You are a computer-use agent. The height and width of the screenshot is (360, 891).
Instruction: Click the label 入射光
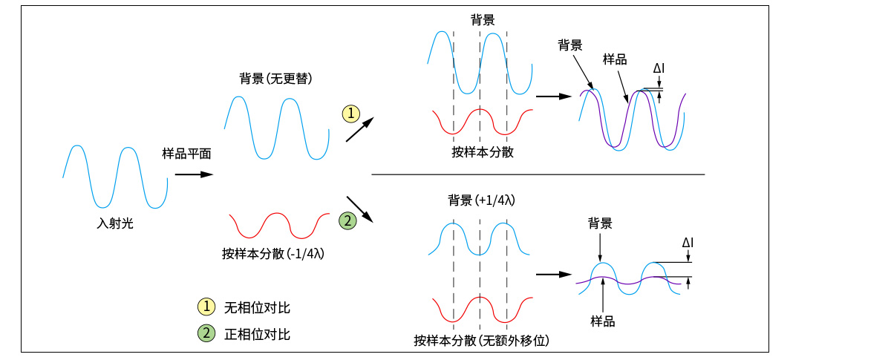pyautogui.click(x=115, y=222)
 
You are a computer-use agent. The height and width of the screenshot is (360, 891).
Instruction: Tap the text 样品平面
pyautogui.click(x=187, y=154)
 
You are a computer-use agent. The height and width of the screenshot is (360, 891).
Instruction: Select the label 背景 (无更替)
pyautogui.click(x=275, y=79)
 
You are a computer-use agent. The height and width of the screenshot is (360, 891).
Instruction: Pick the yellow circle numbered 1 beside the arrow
pyautogui.click(x=350, y=114)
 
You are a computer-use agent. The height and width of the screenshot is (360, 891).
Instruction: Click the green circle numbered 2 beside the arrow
pyautogui.click(x=347, y=220)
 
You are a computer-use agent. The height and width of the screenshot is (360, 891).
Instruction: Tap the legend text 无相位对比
pyautogui.click(x=257, y=307)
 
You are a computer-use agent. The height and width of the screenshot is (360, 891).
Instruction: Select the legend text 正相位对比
pyautogui.click(x=257, y=334)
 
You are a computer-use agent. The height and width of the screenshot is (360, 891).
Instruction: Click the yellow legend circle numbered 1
pyautogui.click(x=206, y=307)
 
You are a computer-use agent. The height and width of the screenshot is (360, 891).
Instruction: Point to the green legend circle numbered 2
pyautogui.click(x=206, y=334)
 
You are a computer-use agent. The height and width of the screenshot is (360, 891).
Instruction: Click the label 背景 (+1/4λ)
pyautogui.click(x=481, y=201)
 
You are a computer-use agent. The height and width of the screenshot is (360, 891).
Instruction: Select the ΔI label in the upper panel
pyautogui.click(x=659, y=69)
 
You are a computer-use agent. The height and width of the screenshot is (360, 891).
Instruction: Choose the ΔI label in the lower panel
pyautogui.click(x=688, y=243)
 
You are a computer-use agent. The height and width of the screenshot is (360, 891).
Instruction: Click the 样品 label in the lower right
pyautogui.click(x=603, y=321)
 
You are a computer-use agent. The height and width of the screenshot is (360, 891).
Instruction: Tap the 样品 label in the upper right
pyautogui.click(x=615, y=59)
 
